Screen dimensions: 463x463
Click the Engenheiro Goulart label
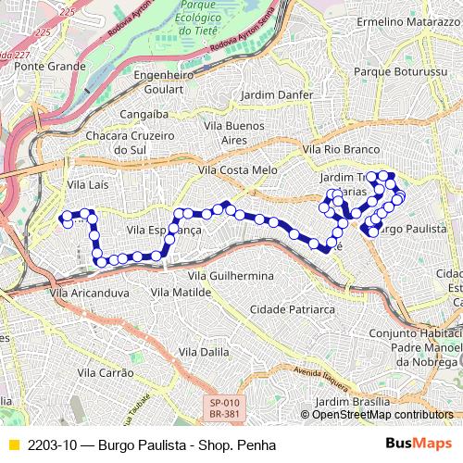(x=164, y=82)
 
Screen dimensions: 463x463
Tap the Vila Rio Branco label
(x=342, y=149)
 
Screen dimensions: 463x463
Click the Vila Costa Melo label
(x=238, y=170)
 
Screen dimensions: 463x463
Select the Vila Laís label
(x=88, y=185)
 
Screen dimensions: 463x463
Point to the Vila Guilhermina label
(x=231, y=276)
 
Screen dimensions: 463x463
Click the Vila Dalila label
(x=204, y=352)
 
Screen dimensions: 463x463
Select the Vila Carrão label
(x=106, y=372)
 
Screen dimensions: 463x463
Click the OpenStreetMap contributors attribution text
(x=377, y=415)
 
